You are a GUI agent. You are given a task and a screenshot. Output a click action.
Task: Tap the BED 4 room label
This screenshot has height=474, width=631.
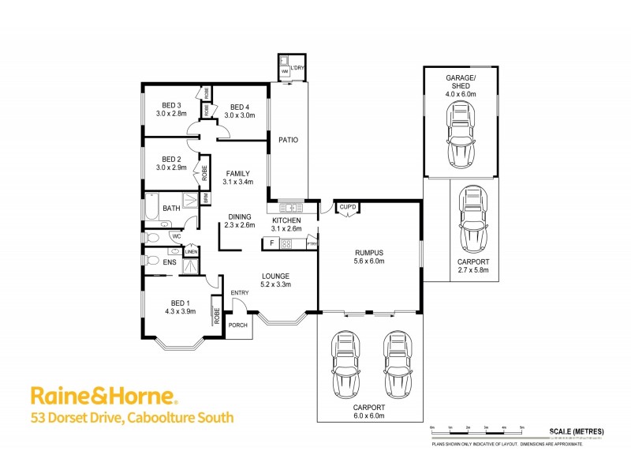pyautogui.click(x=239, y=107)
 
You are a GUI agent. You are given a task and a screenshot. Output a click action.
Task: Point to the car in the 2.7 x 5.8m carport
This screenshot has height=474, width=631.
pyautogui.click(x=474, y=220)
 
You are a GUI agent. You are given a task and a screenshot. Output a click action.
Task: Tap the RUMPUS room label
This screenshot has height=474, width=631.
pyautogui.click(x=369, y=253)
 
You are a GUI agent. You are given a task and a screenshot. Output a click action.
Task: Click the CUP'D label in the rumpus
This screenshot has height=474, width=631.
pyautogui.click(x=348, y=208)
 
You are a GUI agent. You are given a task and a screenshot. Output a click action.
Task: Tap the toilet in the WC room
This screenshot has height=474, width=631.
pyautogui.click(x=154, y=236)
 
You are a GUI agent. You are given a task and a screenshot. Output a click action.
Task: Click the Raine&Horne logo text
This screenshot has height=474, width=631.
pyautogui.click(x=103, y=396)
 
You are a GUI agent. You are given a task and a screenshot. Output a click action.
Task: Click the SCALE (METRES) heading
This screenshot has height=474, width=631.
pyautogui.click(x=577, y=431)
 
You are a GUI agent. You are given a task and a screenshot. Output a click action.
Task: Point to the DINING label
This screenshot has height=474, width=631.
pyautogui.click(x=240, y=216)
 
